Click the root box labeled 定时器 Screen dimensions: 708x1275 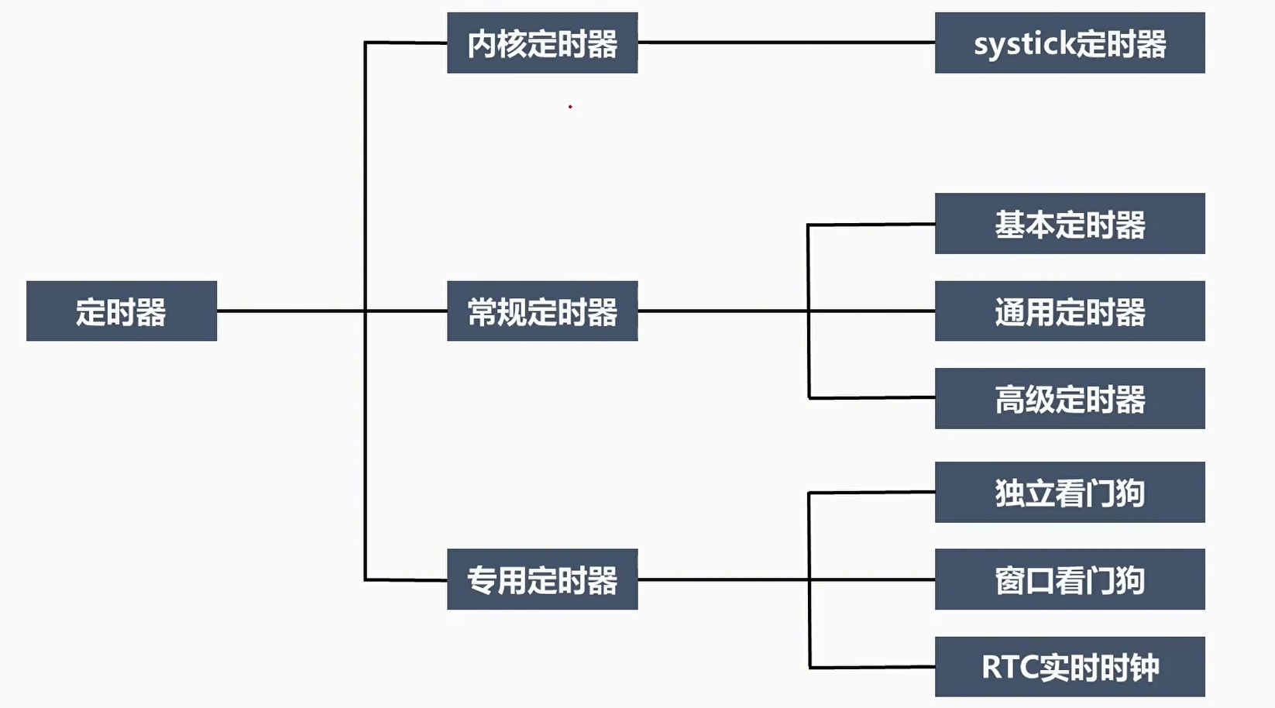click(122, 311)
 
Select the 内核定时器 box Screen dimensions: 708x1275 click(542, 43)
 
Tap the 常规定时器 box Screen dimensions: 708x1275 click(542, 311)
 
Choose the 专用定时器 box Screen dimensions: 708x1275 click(542, 579)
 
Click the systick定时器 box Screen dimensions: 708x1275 click(1070, 43)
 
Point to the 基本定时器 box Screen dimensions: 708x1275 click(1070, 224)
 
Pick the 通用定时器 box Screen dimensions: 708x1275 click(1070, 311)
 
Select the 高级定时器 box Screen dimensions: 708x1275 click(1070, 399)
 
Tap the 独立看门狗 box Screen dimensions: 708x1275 click(1070, 493)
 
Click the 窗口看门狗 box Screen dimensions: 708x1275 click(1070, 579)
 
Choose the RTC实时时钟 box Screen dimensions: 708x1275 click(1070, 667)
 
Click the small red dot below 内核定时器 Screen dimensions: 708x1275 click(570, 107)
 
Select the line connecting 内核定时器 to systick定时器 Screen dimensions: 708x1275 click(786, 43)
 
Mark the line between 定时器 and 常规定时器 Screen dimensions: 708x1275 click(290, 311)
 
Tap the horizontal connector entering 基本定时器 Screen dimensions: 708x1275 click(871, 225)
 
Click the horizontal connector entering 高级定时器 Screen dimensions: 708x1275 click(871, 397)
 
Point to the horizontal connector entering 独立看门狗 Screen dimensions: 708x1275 click(871, 492)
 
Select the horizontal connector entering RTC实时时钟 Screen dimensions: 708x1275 click(871, 666)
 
